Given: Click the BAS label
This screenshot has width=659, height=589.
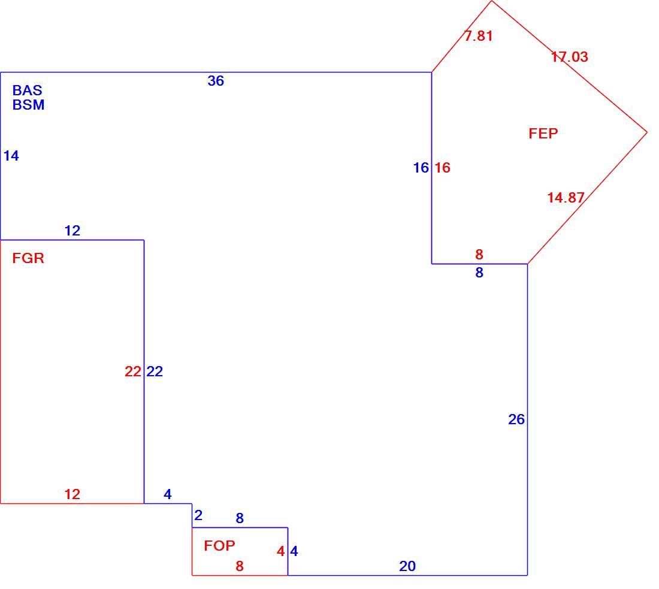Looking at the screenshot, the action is (x=28, y=90).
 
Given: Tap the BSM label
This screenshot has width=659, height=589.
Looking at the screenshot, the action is (x=28, y=105).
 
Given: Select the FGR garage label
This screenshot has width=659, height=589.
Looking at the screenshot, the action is (x=28, y=258).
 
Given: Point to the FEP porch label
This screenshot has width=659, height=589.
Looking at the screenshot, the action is (x=543, y=134).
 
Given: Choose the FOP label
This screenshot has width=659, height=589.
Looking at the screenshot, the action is (x=219, y=546).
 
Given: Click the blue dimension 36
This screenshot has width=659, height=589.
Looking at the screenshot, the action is (x=216, y=81).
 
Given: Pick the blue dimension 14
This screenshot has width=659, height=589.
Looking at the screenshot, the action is (x=11, y=156).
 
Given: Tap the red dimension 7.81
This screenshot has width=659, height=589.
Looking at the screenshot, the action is (x=478, y=36).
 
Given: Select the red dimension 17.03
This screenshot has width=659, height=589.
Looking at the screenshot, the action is (x=570, y=57).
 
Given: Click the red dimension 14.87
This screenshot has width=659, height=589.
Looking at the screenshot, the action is (x=566, y=198).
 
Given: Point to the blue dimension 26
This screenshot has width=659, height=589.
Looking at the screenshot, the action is (x=516, y=419).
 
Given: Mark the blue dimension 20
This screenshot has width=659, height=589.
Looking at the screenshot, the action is (x=407, y=566).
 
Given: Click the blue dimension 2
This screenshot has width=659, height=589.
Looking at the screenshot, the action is (x=198, y=515).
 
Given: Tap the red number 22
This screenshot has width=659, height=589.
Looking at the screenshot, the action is (x=133, y=371).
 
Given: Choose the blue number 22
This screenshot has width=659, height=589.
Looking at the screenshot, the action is (x=155, y=371).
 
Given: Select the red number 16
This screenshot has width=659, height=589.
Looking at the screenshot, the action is (x=443, y=168).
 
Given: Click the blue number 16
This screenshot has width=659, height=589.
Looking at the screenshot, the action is (x=421, y=168).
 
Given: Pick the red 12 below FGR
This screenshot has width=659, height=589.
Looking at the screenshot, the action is (x=72, y=494).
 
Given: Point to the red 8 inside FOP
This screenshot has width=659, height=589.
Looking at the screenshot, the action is (x=240, y=566).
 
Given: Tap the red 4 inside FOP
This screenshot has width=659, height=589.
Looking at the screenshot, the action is (x=281, y=551).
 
